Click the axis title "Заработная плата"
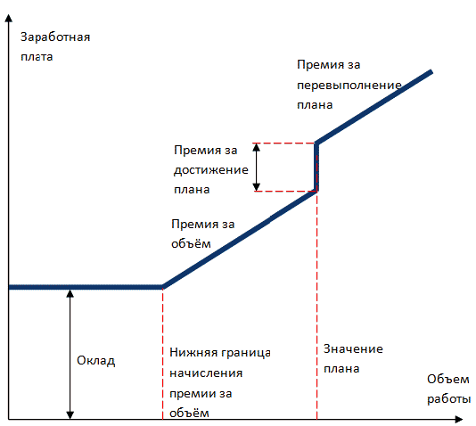[55, 46]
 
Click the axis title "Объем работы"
[448, 389]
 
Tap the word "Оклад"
[96, 361]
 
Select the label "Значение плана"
[353, 358]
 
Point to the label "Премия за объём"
[202, 233]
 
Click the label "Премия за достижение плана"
[211, 169]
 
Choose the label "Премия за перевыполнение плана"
[349, 85]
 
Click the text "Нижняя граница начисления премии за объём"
[220, 383]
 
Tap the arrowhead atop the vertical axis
[9, 18]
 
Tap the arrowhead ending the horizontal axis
[459, 420]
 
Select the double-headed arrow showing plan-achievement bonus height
[257, 168]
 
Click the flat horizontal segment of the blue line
[86, 287]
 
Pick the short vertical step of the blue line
[316, 167]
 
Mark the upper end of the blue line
[431, 71]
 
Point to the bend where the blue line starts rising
[163, 287]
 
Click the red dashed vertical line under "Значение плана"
[317, 306]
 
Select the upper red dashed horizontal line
[283, 143]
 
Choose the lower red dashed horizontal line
[285, 192]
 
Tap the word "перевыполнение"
[349, 86]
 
